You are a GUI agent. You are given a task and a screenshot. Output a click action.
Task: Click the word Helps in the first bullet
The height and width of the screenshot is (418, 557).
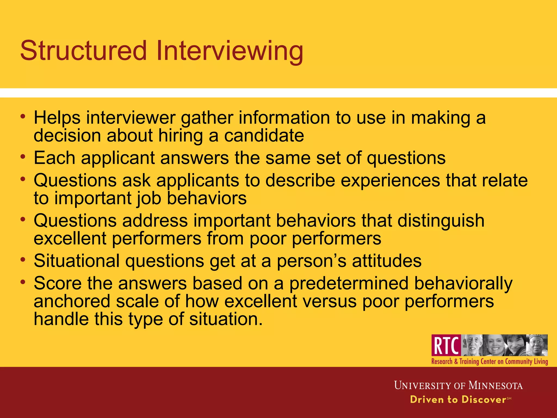point(57,118)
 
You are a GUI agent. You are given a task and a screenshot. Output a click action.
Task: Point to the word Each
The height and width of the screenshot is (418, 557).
point(54,158)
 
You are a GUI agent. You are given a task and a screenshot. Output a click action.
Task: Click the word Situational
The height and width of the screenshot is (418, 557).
point(77,261)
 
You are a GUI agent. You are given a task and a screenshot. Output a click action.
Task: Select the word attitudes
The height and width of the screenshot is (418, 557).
point(386,261)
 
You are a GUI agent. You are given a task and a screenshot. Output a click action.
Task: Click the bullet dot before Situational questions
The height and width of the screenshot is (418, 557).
point(23,259)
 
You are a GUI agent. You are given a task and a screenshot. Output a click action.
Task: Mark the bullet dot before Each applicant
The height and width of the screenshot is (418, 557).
point(23,156)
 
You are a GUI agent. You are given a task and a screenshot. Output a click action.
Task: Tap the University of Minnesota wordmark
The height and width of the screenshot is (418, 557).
point(458,385)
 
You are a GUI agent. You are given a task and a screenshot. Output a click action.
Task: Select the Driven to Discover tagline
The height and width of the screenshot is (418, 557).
point(458,399)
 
